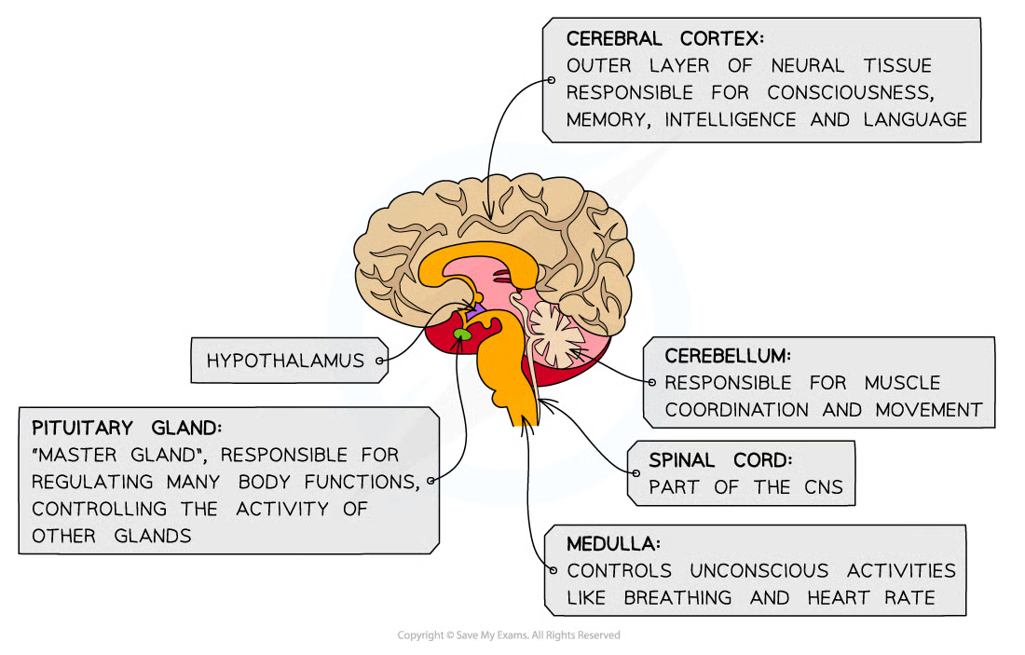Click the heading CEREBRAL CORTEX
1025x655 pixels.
(664, 39)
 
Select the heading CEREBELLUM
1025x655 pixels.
(728, 356)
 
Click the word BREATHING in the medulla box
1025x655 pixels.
(677, 597)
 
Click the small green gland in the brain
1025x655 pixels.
(462, 333)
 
